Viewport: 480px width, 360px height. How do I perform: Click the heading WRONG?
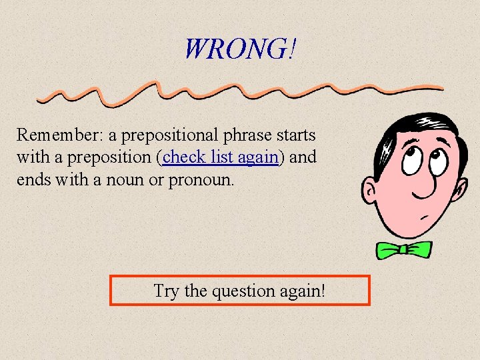[x=240, y=48]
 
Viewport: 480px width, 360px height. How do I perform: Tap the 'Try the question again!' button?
[x=239, y=291]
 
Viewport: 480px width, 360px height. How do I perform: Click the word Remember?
[x=56, y=135]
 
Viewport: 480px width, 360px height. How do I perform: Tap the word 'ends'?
[x=33, y=180]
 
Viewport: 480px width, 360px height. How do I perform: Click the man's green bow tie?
[x=403, y=249]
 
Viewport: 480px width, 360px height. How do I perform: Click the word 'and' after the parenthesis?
[x=303, y=157]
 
